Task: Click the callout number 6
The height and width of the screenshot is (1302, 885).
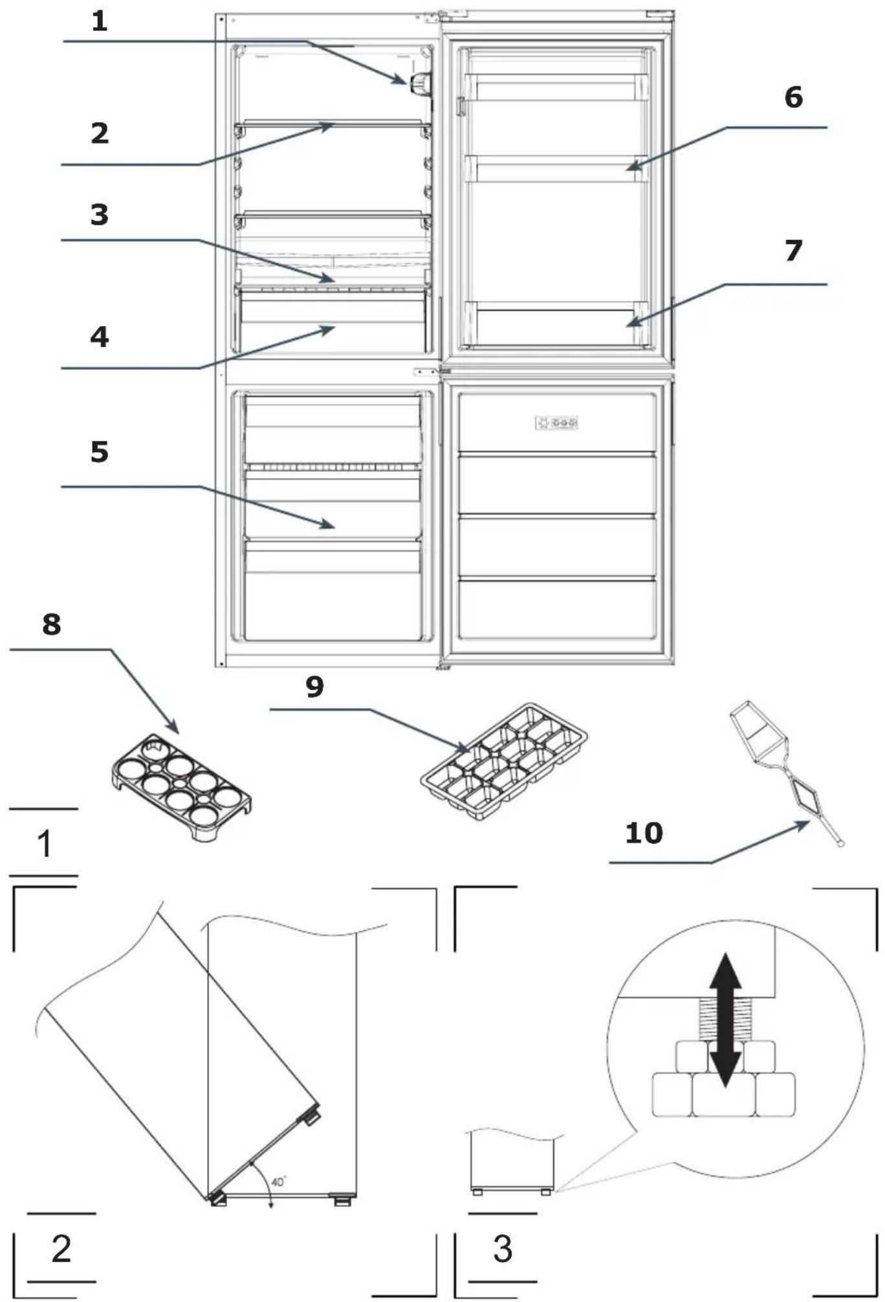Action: pos(794,97)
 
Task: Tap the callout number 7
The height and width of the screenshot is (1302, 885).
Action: pos(794,251)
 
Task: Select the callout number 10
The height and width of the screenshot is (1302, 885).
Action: pos(644,833)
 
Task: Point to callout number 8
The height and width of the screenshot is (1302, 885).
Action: pos(52,624)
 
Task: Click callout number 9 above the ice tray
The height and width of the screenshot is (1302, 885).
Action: pos(315,686)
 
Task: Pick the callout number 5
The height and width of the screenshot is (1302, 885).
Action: pos(100,452)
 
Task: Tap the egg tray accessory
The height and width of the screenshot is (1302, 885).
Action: pos(182,788)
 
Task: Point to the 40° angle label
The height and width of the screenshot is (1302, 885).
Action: pos(279,1182)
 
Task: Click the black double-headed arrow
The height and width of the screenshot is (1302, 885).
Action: pos(725,1020)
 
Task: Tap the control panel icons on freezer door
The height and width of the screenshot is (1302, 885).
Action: pos(556,423)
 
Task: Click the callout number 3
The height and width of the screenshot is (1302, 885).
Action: pos(100,214)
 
